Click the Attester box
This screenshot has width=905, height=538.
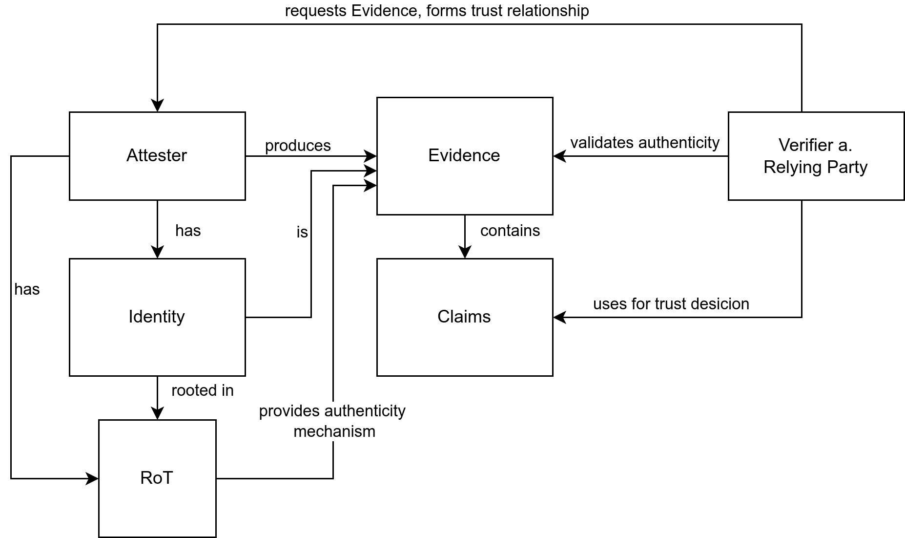157,156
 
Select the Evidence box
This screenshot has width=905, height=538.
464,156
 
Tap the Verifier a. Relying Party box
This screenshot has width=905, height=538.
816,156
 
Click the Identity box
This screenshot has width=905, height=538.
157,317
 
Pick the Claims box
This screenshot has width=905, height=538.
464,317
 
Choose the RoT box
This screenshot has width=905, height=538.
157,478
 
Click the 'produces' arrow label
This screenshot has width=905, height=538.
298,146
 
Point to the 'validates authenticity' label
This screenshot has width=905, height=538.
645,143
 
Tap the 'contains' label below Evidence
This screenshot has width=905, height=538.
510,231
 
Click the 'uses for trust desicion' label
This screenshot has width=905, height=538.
671,304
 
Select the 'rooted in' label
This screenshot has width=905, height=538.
203,390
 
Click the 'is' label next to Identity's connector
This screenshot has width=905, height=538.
302,232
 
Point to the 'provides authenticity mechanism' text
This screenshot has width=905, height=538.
332,421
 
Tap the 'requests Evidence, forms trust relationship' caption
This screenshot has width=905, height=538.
437,11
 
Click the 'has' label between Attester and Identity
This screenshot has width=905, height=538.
188,231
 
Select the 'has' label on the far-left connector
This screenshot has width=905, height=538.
27,289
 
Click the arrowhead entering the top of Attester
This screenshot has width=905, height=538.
157,106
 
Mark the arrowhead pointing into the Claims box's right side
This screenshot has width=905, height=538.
559,317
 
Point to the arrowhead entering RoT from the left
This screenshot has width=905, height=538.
92,478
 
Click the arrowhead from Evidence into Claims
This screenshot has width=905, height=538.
465,252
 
